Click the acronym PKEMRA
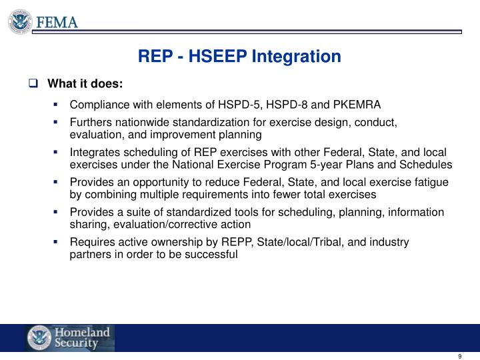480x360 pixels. (357, 105)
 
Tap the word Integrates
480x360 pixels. (93, 153)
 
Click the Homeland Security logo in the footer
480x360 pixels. (70, 338)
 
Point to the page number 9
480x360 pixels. (460, 355)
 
